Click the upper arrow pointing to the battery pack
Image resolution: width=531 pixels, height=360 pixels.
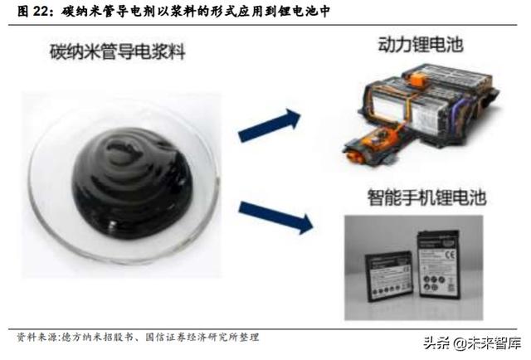coord(269,124)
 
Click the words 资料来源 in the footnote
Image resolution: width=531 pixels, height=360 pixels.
coord(35,337)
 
